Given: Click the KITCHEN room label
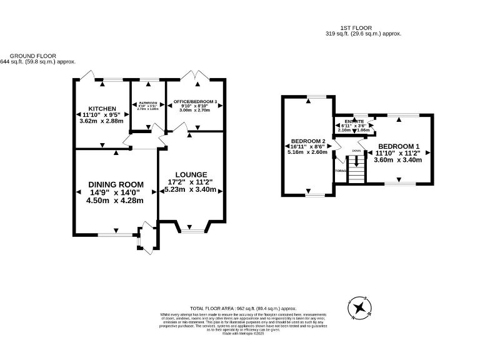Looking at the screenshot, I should tap(102, 108).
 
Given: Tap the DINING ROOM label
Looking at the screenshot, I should tap(116, 184).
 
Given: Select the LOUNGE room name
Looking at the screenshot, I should tap(191, 174).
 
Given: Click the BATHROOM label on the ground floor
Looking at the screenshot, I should tap(148, 102).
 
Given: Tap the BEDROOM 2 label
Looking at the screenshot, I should tap(307, 141).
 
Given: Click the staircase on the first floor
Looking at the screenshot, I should tap(356, 169).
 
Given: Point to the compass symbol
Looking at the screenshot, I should tap(359, 307).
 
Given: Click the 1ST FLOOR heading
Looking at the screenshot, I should tap(356, 27).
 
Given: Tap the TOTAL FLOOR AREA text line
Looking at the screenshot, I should tap(243, 309).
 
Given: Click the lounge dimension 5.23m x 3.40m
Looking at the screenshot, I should tap(191, 189).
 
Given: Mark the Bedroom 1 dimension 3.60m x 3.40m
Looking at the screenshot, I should tap(399, 159).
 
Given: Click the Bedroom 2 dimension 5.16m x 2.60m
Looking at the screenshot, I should tap(307, 152).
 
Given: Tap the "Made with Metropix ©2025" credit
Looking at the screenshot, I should tap(243, 334).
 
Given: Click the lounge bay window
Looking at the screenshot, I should tap(192, 230).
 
